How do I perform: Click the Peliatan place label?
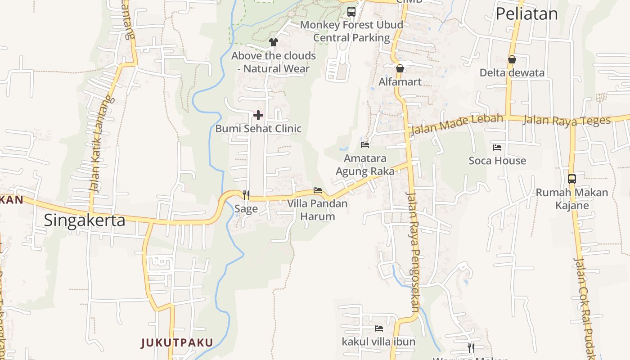coord(526,13)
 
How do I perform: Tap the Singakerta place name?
coord(85,220)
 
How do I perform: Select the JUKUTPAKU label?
coord(177,343)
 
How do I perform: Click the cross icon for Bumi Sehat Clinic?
coord(258,116)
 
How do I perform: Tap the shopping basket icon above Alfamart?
coord(400,68)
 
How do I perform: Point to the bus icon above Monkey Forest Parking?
coord(351,12)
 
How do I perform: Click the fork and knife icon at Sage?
coord(246,195)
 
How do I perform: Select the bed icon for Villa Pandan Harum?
coord(318,190)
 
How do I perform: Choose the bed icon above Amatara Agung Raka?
coord(365,145)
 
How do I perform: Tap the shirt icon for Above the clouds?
coord(274,42)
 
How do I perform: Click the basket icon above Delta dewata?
coord(512,59)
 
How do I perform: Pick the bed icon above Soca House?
coord(497,147)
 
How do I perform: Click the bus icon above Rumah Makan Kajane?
coord(572,179)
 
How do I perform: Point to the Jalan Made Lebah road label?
coord(456,124)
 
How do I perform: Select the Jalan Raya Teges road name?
coord(567,120)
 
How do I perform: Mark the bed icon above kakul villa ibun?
coord(379,328)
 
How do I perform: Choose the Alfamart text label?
coord(400,82)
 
